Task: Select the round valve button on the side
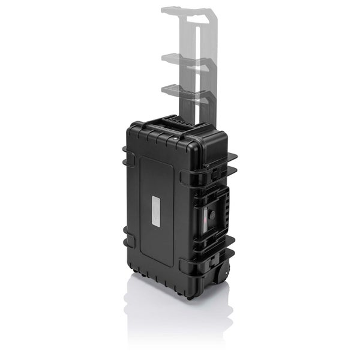pyautogui.click(x=211, y=214)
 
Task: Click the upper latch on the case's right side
pyautogui.click(x=214, y=172)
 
